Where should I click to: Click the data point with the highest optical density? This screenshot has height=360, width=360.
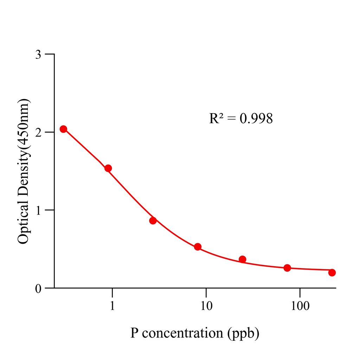point(63,129)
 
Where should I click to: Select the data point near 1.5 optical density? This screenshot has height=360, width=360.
point(108,168)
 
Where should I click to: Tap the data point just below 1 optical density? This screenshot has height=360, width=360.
point(153,221)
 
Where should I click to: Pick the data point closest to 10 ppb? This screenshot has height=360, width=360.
point(198,247)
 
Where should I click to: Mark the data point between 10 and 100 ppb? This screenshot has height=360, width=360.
point(242,259)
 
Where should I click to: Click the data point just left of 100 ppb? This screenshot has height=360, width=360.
point(287,268)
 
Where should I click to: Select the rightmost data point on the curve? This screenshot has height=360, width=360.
point(332,272)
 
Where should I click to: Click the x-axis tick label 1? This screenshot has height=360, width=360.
point(112,306)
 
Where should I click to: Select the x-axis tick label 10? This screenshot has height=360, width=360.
point(206,306)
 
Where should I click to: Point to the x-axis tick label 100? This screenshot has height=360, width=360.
point(300,306)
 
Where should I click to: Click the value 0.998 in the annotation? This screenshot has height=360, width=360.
point(256,119)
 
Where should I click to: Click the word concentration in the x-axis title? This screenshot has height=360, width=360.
point(182,333)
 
